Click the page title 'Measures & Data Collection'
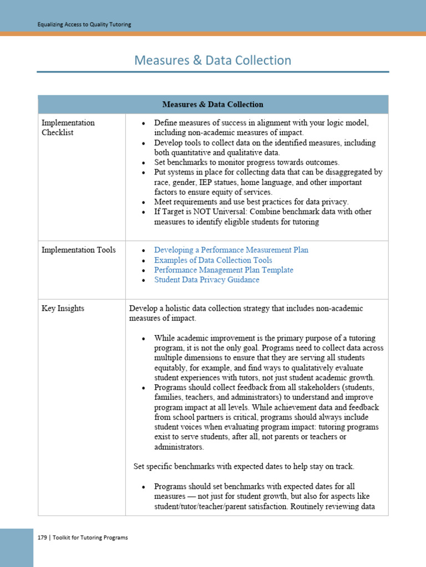(212, 60)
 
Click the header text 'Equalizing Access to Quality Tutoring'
(84, 24)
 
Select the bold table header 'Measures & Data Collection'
(212, 104)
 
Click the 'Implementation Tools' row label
(79, 250)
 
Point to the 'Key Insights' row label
(63, 308)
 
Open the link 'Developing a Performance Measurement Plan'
(231, 250)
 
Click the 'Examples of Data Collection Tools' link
(213, 260)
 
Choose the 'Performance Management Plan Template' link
(224, 270)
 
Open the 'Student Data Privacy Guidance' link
(206, 280)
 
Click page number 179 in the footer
(42, 537)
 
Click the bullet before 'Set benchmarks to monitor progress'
(144, 163)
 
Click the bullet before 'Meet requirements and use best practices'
(144, 202)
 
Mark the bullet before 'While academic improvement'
(144, 338)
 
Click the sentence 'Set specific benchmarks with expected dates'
(244, 466)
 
